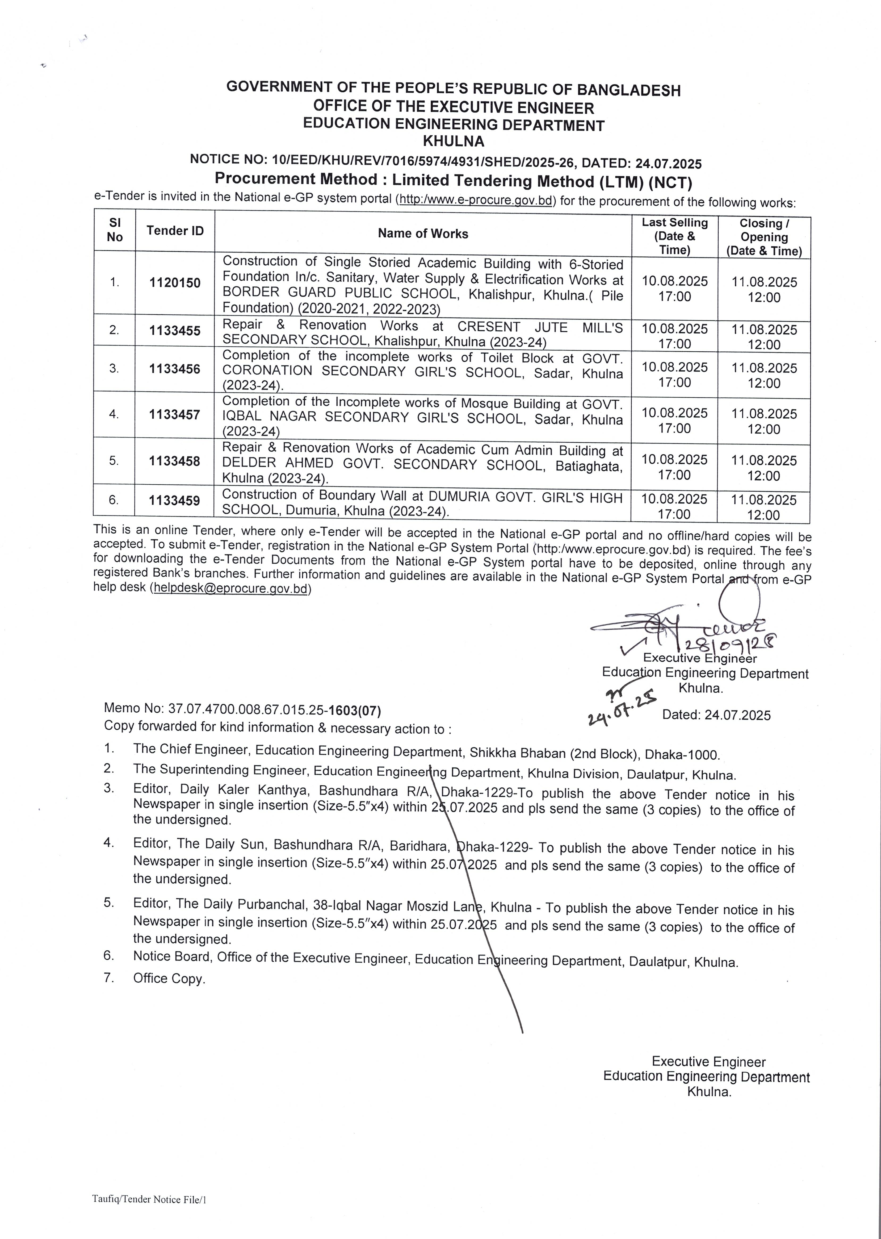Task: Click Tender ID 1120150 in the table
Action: point(175,283)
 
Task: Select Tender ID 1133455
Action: point(175,331)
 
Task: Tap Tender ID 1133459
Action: point(175,500)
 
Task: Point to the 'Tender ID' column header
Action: point(175,231)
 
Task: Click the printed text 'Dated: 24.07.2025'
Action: point(716,715)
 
